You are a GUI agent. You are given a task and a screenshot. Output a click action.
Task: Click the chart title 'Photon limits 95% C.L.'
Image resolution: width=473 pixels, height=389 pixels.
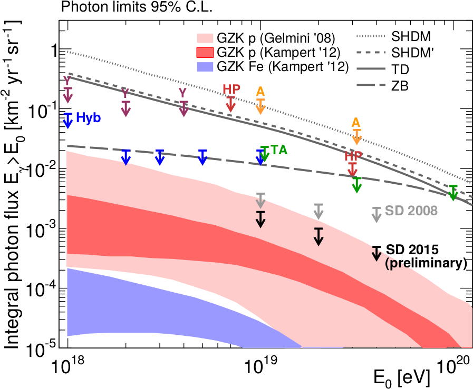click(131, 7)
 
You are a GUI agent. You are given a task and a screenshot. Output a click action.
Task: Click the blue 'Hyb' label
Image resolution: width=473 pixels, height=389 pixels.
click(89, 118)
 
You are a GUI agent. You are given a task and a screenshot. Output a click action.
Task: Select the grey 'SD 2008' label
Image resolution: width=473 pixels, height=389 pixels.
click(411, 211)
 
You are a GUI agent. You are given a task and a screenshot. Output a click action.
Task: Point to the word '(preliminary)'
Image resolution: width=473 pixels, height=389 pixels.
click(427, 262)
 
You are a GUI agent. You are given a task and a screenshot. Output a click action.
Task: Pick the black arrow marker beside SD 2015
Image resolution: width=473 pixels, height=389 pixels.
click(376, 253)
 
